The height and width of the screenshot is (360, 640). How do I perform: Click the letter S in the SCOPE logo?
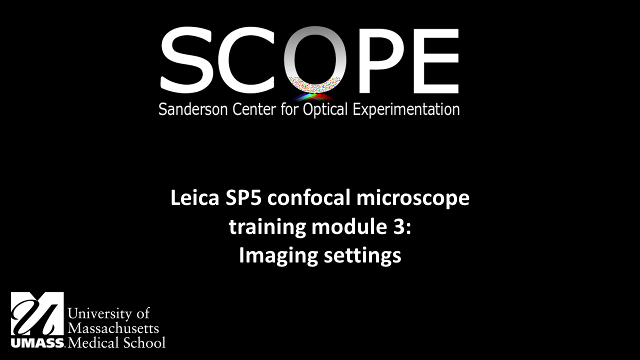(x=187, y=60)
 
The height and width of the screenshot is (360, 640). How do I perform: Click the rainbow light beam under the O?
(x=313, y=97)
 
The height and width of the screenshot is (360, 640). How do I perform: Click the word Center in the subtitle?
(x=254, y=109)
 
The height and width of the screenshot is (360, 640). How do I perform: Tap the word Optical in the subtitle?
(x=325, y=110)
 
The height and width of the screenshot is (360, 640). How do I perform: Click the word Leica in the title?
(x=195, y=197)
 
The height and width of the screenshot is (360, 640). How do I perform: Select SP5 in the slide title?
(x=243, y=197)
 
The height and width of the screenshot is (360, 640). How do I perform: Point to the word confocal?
(x=308, y=197)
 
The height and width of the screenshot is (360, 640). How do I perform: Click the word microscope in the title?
(x=413, y=199)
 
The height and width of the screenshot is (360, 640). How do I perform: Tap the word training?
(x=267, y=228)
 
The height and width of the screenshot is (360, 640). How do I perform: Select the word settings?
(x=362, y=256)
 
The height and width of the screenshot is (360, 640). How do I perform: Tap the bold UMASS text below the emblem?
(x=37, y=343)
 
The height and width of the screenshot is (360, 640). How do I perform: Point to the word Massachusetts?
(x=113, y=328)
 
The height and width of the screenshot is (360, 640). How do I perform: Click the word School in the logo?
(x=144, y=342)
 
